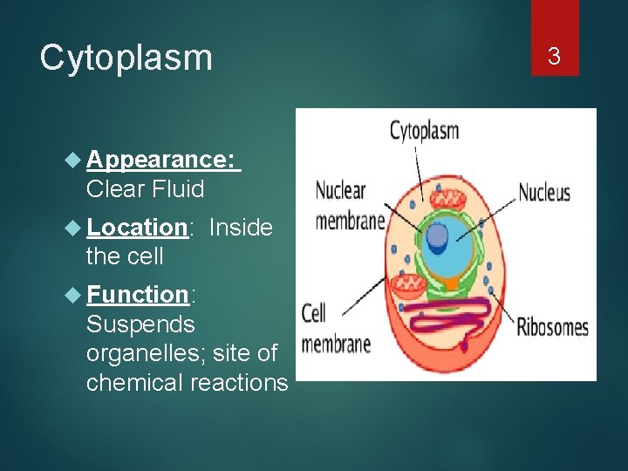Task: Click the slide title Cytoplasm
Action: (x=126, y=58)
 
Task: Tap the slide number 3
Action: (x=553, y=58)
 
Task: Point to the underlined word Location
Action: (x=137, y=228)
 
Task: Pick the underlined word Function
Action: (x=137, y=295)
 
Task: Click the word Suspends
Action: (x=140, y=324)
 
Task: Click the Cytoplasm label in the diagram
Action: (x=424, y=132)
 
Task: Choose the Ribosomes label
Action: (x=552, y=328)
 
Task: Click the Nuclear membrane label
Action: (x=350, y=204)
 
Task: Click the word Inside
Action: (x=241, y=228)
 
